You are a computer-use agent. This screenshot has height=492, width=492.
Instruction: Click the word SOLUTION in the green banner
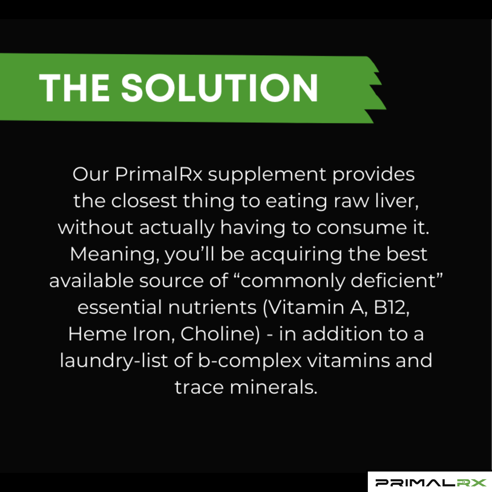click(x=219, y=88)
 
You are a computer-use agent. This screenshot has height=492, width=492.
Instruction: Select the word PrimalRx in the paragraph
click(x=159, y=175)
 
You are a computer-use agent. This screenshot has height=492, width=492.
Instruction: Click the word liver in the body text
click(x=397, y=201)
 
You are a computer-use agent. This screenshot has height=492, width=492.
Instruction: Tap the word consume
click(x=361, y=227)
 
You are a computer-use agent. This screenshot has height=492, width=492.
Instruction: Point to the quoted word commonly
click(x=292, y=281)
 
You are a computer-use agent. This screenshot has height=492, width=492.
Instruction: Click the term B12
click(x=391, y=307)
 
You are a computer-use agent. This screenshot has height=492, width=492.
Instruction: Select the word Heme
click(x=97, y=334)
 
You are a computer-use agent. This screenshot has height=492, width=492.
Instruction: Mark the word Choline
click(x=220, y=334)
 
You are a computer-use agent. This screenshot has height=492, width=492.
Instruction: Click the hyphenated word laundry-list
click(x=114, y=361)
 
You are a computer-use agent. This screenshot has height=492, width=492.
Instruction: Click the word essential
click(x=120, y=307)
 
